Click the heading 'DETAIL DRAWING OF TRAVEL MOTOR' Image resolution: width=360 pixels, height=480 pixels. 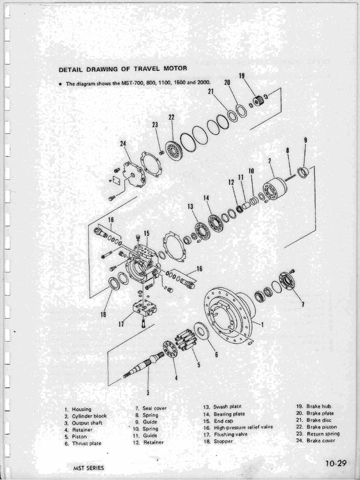point(123,69)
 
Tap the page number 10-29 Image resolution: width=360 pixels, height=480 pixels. point(335,464)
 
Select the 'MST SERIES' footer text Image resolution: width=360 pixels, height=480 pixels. point(89,468)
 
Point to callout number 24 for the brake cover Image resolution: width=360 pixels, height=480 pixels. point(123,144)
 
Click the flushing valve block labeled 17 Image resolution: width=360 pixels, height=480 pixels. point(143,307)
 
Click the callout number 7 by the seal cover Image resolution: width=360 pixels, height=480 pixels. point(303,304)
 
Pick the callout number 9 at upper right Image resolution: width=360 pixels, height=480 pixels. point(305,140)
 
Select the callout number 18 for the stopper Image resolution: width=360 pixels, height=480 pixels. point(103,314)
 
